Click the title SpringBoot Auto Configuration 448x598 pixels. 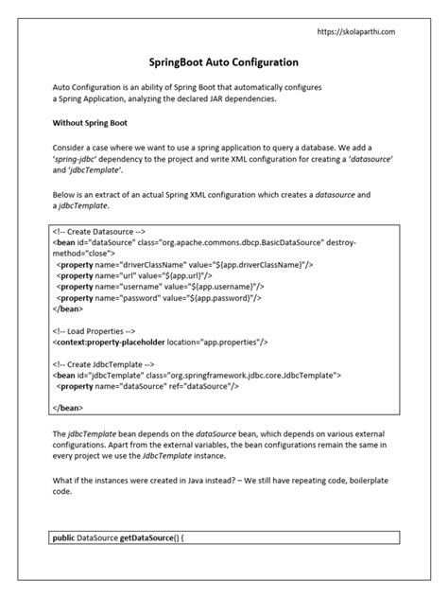224,62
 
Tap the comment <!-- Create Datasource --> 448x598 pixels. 99,231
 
